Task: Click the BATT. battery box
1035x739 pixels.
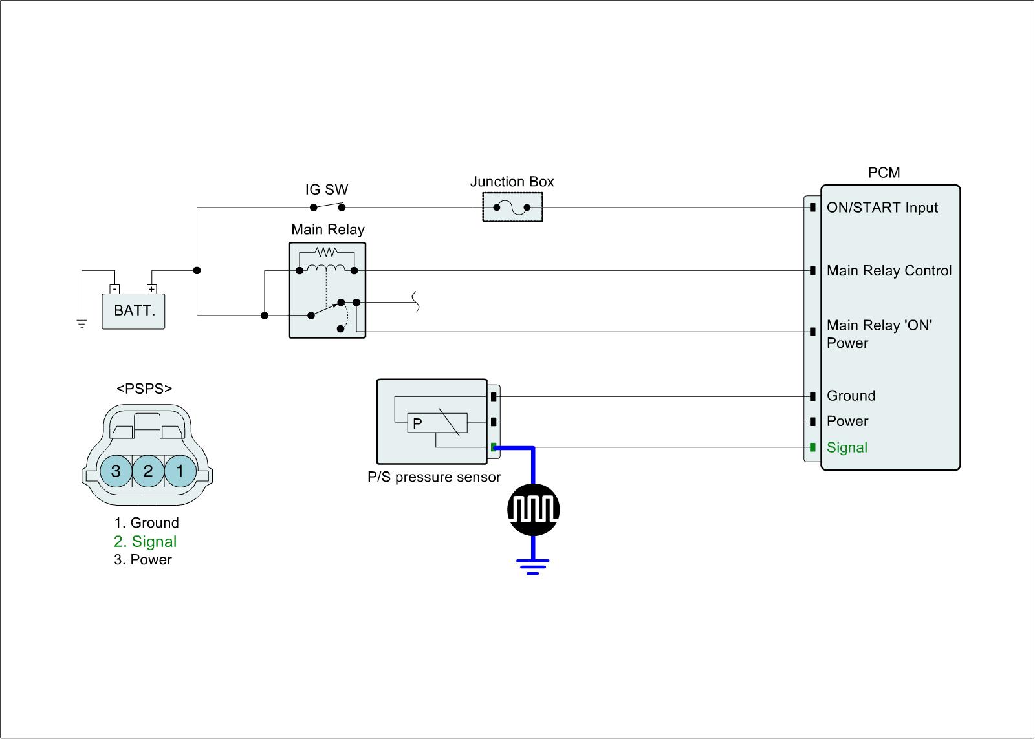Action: click(x=133, y=311)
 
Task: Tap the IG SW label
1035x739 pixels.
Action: click(x=327, y=189)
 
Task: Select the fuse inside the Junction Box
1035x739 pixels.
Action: click(x=512, y=208)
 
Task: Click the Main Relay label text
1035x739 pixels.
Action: click(x=327, y=230)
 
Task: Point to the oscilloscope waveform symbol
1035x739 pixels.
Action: click(x=533, y=509)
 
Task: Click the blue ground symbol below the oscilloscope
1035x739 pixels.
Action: click(x=533, y=566)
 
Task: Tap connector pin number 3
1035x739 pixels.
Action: click(x=116, y=471)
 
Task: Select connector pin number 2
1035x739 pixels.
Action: click(x=148, y=471)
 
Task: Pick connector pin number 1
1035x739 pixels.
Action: click(x=180, y=471)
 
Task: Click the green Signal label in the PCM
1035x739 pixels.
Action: click(x=847, y=447)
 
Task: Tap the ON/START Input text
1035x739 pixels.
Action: click(x=882, y=208)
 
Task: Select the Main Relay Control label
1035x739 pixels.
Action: click(x=889, y=271)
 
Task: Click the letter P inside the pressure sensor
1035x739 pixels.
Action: click(x=417, y=423)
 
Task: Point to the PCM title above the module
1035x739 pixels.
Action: click(x=884, y=173)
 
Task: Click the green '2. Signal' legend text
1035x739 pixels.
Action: click(x=145, y=542)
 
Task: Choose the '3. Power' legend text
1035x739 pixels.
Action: click(x=143, y=560)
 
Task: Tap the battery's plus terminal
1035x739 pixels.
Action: click(x=151, y=289)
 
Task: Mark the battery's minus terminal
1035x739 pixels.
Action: click(x=114, y=289)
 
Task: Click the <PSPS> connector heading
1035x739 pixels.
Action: click(x=144, y=389)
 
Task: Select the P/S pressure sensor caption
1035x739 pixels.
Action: click(x=434, y=477)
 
